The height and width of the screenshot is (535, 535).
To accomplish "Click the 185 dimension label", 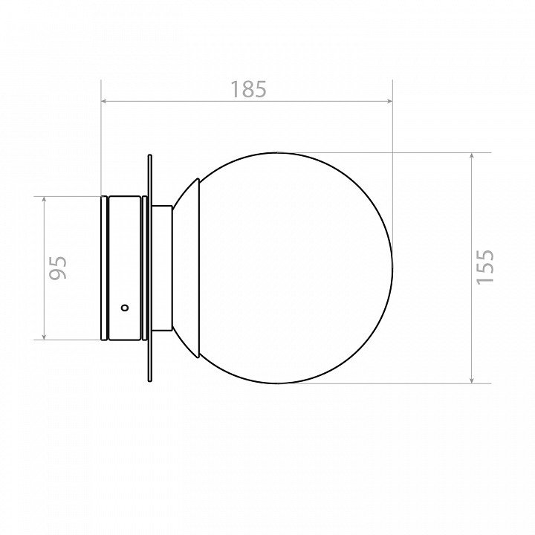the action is tap(248, 89).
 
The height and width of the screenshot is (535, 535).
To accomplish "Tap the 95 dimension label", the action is tap(58, 267).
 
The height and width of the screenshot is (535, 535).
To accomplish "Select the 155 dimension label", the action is tap(484, 267).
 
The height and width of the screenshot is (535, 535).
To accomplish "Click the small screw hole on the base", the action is tap(126, 308).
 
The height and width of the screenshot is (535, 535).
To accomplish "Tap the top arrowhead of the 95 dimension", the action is tap(44, 201).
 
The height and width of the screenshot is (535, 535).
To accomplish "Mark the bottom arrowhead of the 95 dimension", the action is tap(44, 336).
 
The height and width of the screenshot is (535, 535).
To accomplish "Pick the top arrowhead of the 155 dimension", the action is tap(472, 157).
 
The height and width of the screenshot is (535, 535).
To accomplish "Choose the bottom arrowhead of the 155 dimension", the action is tap(472, 379).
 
